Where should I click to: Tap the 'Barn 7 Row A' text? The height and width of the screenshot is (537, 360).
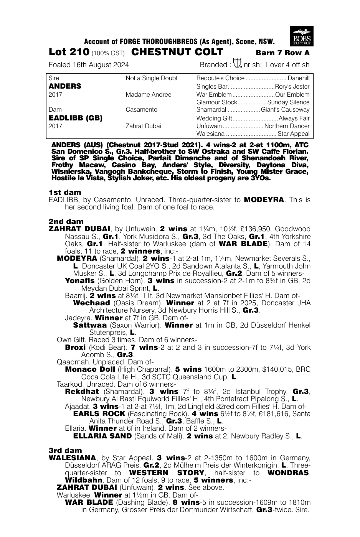tap(283, 53)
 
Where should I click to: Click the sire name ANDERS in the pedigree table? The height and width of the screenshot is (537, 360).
tap(65, 86)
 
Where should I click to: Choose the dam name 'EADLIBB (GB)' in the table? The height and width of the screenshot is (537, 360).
tap(76, 118)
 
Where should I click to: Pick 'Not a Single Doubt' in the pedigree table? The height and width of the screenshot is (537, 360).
tap(152, 78)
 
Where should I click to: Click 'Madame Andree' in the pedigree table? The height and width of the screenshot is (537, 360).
tap(149, 94)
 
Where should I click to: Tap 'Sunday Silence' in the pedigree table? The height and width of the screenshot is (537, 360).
tap(288, 102)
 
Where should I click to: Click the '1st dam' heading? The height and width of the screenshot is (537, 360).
tap(65, 192)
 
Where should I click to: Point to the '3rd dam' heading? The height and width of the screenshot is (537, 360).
tap(65, 450)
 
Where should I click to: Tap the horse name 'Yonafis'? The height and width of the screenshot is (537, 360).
tap(79, 281)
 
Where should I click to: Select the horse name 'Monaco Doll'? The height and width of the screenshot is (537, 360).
tap(90, 369)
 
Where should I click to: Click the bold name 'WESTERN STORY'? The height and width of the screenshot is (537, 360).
tap(167, 473)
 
